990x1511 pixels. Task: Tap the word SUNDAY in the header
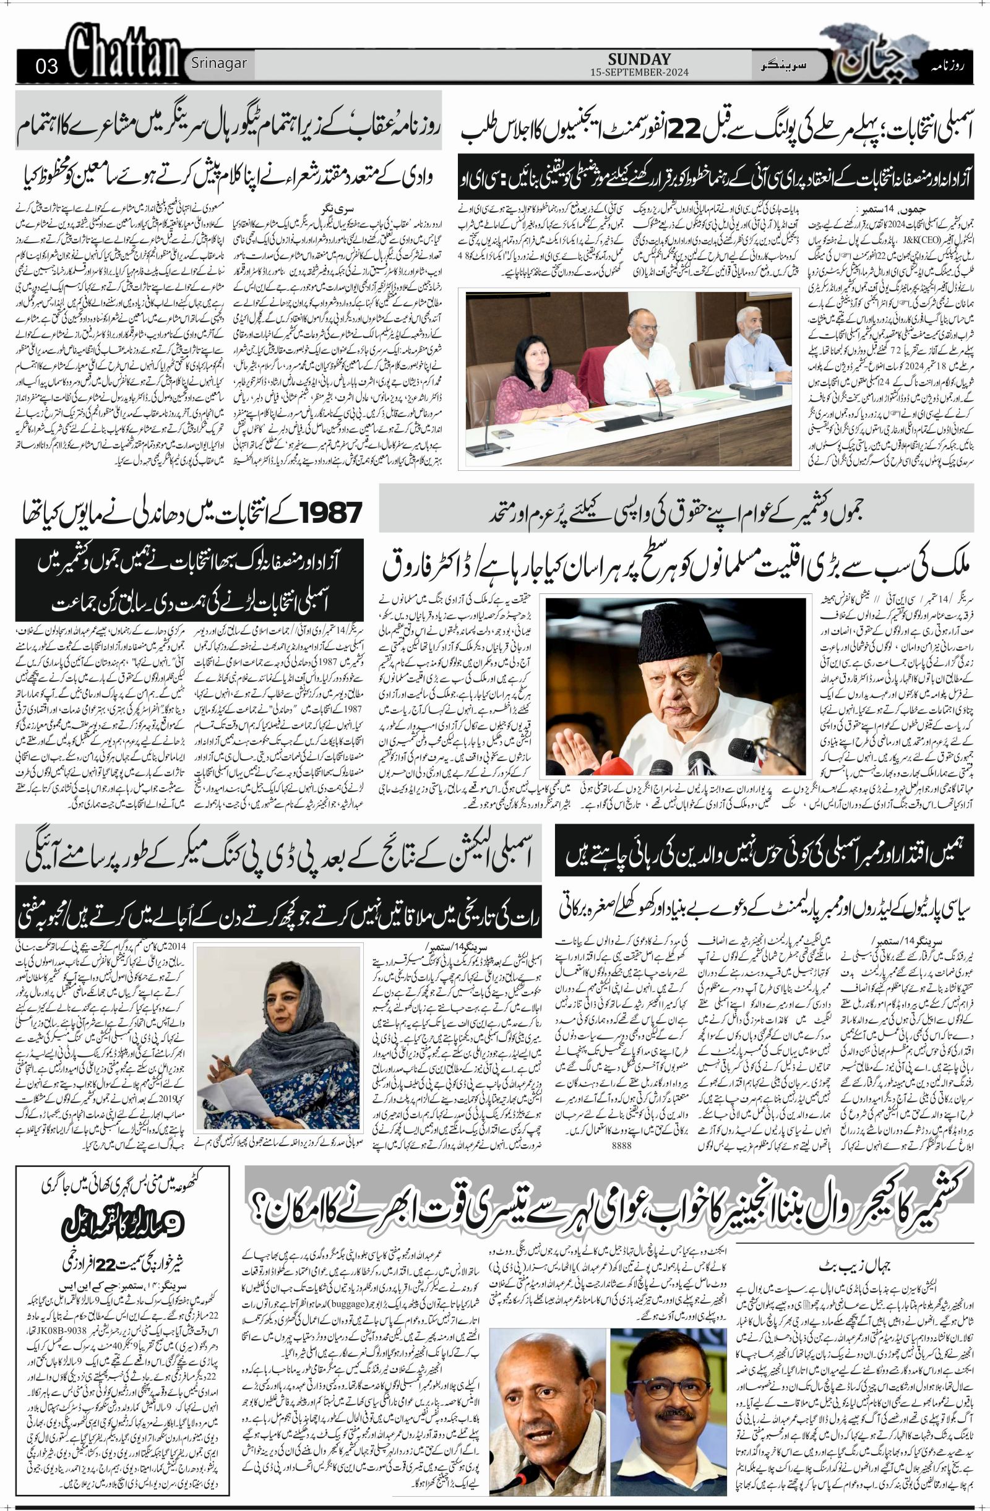639,59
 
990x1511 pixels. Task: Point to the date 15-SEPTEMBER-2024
639,72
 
